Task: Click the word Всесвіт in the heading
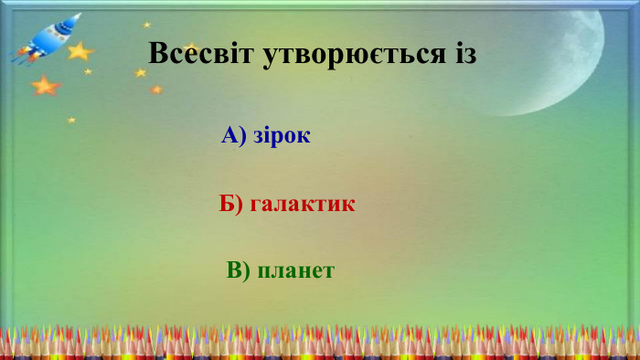pos(200,54)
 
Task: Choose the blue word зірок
pos(283,136)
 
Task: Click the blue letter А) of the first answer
pos(234,136)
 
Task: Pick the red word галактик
pos(303,204)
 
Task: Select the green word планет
pos(296,270)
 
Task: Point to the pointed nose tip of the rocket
pos(77,16)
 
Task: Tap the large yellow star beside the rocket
pos(80,51)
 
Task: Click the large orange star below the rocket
pos(44,86)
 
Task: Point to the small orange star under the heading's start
pos(156,90)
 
